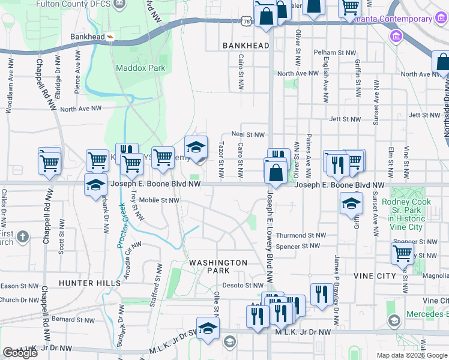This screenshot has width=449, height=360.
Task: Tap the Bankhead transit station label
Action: (x=88, y=37)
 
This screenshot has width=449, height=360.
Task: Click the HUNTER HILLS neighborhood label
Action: (x=85, y=283)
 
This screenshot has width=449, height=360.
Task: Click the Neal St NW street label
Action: (x=249, y=135)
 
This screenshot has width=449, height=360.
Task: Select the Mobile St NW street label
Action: (x=159, y=200)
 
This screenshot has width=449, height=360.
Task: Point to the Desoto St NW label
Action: (x=244, y=286)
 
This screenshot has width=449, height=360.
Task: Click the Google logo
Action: (x=20, y=353)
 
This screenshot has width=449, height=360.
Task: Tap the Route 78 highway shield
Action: (x=247, y=20)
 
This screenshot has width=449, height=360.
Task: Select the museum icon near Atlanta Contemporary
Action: (x=396, y=37)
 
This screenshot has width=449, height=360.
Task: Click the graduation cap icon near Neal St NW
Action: (x=196, y=147)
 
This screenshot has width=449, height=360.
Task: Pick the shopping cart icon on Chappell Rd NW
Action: (x=49, y=162)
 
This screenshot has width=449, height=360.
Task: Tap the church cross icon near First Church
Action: (x=22, y=236)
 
